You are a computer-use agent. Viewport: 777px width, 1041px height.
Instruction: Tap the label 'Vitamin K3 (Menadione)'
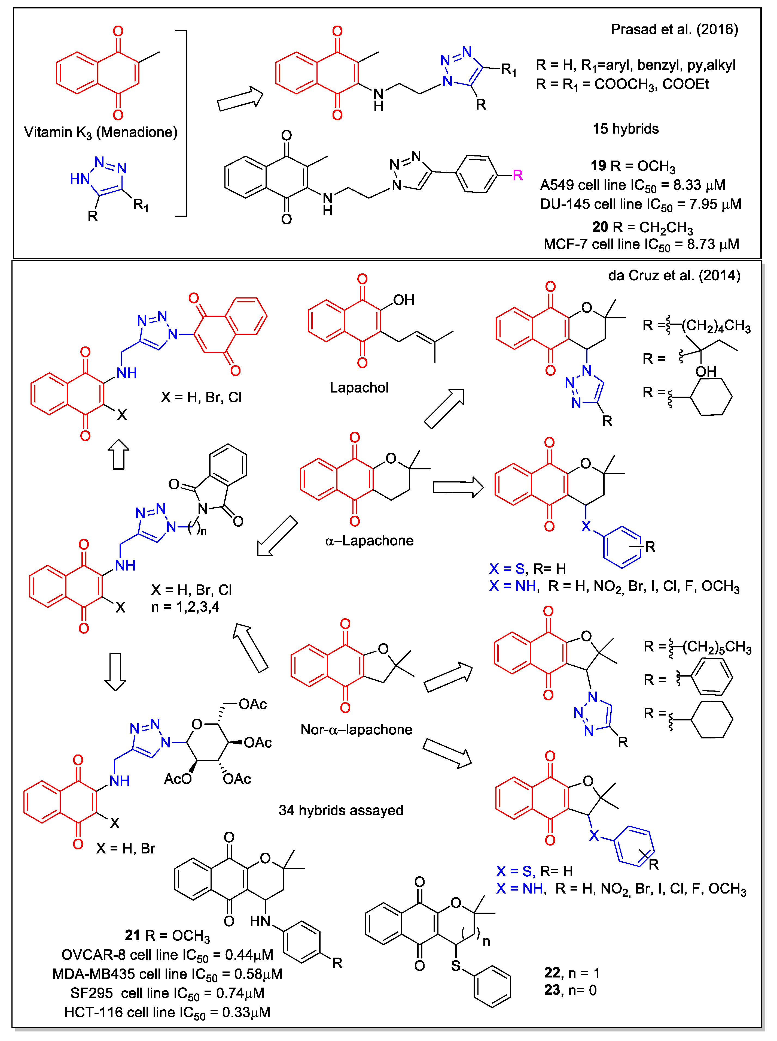click(x=101, y=132)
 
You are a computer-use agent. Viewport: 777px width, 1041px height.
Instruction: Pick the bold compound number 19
click(x=598, y=166)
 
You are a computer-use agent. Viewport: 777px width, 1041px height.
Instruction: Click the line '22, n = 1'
click(x=571, y=973)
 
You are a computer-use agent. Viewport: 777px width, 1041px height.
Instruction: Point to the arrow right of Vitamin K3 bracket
click(x=240, y=99)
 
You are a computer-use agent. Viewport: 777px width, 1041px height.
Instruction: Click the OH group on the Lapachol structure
click(x=404, y=300)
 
